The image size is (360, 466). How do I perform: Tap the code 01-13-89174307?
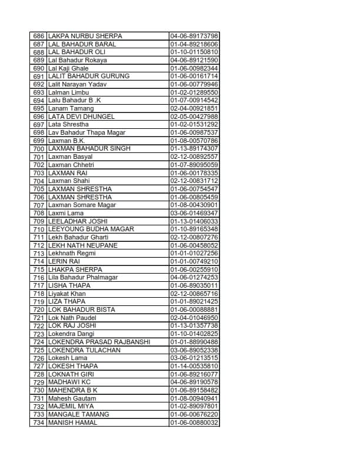coord(194,149)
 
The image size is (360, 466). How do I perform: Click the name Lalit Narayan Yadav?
coord(77,84)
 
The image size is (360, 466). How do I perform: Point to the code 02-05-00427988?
coord(194,116)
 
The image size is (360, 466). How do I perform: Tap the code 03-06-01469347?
coord(194,213)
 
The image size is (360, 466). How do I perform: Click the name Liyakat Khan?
coord(66,294)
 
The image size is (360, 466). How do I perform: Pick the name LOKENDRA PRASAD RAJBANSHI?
coord(99,342)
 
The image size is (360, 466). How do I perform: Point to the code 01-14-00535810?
coord(194,366)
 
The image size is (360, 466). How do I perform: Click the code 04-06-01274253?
coord(194,277)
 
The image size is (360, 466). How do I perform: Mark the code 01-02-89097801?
coord(194,406)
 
